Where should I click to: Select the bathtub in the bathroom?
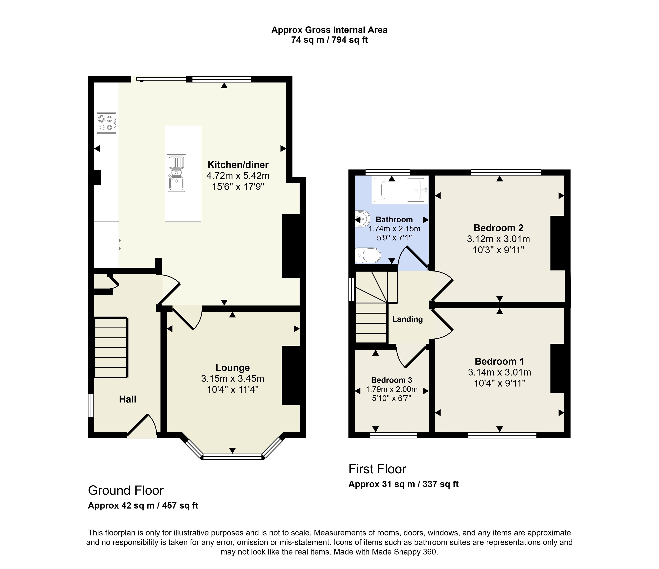tap(400, 190)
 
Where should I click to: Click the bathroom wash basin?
tap(362, 219)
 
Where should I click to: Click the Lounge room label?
tap(232, 368)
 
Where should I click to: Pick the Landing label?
tap(407, 319)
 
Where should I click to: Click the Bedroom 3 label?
tap(392, 380)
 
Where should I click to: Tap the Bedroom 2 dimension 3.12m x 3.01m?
tap(498, 239)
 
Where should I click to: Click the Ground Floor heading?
tap(126, 491)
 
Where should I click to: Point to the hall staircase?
tap(111, 347)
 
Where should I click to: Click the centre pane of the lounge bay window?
tap(232, 457)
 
